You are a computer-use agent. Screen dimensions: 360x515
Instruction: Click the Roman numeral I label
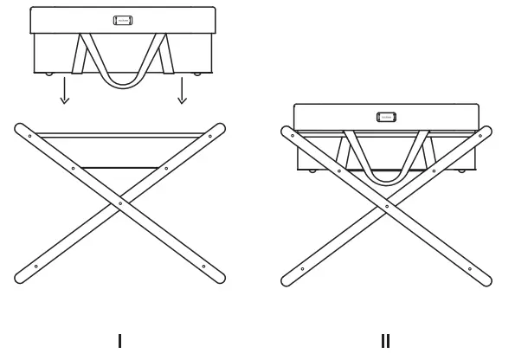tap(119, 341)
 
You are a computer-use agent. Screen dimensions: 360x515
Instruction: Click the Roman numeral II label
tap(385, 341)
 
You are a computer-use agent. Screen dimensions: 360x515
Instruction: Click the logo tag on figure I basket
tap(123, 20)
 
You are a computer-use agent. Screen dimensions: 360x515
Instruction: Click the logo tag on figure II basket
tap(386, 117)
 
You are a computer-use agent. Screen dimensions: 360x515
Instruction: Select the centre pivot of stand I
tap(119, 203)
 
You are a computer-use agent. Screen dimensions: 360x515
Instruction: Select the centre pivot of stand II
tap(386, 206)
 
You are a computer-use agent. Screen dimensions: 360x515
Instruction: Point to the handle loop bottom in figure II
tap(386, 181)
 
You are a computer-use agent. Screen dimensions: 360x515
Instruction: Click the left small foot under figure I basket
tap(48, 74)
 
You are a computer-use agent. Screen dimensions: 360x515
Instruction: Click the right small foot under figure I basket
tap(197, 74)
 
